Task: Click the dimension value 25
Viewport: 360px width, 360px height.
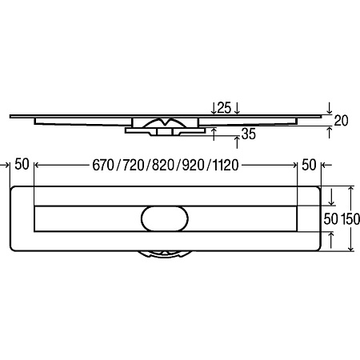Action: (224, 108)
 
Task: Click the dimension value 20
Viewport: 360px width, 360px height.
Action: (341, 121)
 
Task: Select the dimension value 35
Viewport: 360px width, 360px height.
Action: (249, 134)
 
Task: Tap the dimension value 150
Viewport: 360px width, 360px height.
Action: (350, 219)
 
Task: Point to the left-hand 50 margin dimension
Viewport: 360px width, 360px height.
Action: (22, 164)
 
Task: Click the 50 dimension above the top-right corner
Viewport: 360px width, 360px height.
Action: (309, 165)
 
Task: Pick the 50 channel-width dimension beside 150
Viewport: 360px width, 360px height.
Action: (330, 219)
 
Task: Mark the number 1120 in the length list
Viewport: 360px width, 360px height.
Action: (226, 166)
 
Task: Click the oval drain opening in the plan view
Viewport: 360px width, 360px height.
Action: (165, 218)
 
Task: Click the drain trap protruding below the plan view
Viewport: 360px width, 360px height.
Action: (165, 254)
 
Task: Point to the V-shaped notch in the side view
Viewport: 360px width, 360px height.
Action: (166, 122)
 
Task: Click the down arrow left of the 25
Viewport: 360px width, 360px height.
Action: (214, 108)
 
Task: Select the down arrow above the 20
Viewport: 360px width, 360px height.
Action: (330, 108)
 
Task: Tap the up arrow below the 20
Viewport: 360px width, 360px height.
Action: (330, 133)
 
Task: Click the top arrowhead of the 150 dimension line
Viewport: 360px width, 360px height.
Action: (351, 189)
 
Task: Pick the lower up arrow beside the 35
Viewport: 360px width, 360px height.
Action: (237, 142)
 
